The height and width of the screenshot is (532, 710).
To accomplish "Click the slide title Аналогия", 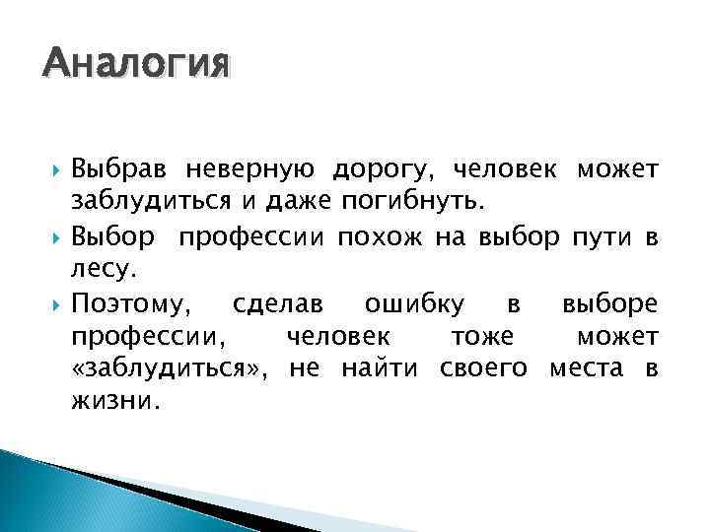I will pos(136,65).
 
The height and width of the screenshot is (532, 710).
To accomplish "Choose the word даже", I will pos(291,204).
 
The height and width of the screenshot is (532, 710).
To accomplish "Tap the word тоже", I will pos(481,337).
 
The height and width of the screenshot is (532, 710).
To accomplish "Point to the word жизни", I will pos(113,403).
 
